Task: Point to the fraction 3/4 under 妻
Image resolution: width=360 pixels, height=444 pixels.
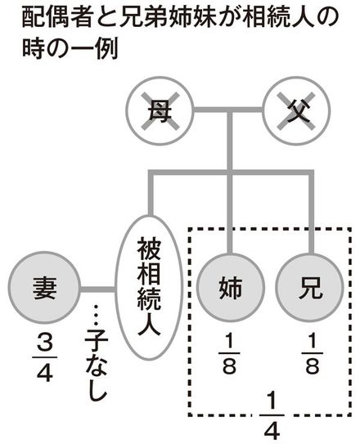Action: tap(44, 359)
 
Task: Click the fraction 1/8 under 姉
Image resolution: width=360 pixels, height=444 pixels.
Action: tap(229, 353)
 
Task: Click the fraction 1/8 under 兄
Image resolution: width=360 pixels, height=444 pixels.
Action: tap(312, 353)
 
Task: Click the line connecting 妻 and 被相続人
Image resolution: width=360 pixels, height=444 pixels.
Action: tap(97, 289)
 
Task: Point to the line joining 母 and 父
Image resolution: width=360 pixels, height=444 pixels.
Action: tap(228, 110)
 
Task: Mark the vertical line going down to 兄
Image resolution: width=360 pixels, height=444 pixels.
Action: tap(311, 213)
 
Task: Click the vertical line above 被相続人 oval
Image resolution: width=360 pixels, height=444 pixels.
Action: tap(151, 195)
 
